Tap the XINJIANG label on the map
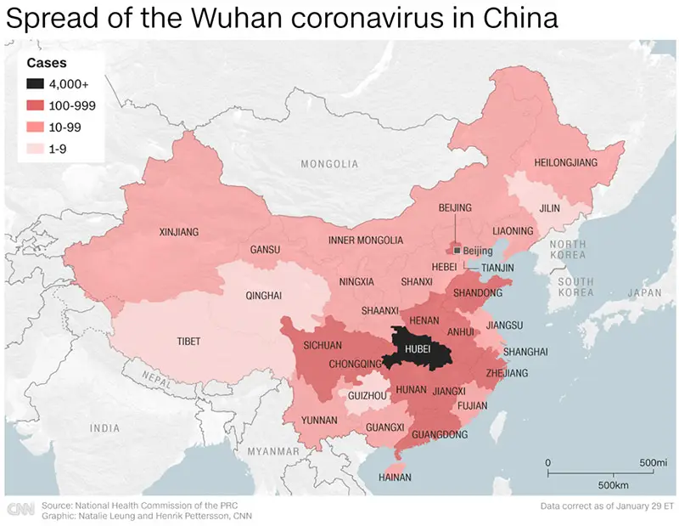[179, 231]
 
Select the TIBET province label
[188, 342]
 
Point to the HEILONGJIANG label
[565, 162]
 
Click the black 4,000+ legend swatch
[36, 84]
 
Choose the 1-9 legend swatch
[36, 146]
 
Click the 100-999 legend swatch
[36, 105]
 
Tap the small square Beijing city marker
[457, 251]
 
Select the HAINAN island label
[395, 478]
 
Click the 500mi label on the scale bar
[653, 462]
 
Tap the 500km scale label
[612, 484]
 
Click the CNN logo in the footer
[20, 509]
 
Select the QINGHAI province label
[263, 297]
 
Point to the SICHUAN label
[323, 345]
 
